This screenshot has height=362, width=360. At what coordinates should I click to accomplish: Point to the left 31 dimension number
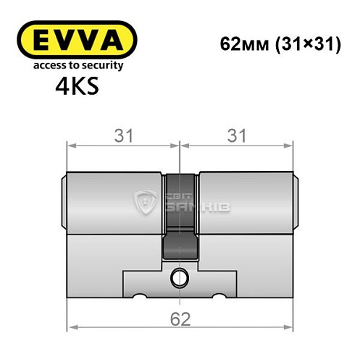click(x=122, y=135)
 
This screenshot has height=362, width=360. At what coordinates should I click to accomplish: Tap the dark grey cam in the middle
click(x=180, y=217)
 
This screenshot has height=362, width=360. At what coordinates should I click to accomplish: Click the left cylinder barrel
click(x=116, y=203)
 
